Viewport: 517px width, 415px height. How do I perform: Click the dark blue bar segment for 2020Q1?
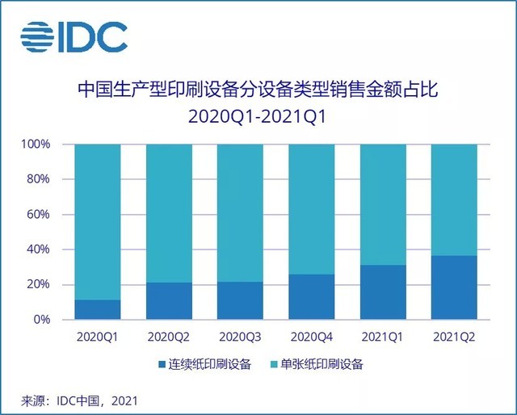(x=98, y=310)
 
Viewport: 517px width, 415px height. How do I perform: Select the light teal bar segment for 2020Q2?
(x=169, y=213)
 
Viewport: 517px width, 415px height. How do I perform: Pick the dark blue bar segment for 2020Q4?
(x=311, y=297)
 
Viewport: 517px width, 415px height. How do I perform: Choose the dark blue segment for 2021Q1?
(x=382, y=292)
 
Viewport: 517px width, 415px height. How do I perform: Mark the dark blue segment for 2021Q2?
(x=453, y=287)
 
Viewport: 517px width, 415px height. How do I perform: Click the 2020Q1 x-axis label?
(x=98, y=335)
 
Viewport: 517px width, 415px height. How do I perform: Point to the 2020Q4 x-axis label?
(x=311, y=335)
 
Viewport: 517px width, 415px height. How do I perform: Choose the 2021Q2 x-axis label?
(x=453, y=335)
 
